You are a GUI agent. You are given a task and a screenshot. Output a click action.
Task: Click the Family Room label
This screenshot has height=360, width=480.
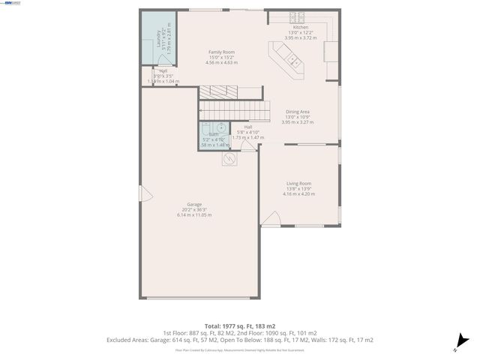pos(221,52)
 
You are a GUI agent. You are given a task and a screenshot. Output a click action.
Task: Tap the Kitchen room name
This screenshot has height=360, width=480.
pos(300,27)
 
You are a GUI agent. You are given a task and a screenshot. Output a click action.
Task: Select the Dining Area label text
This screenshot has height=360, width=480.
pos(298,112)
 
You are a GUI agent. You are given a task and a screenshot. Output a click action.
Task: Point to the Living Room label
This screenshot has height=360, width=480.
pos(298,184)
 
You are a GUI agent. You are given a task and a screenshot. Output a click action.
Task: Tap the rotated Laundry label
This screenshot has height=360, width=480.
pos(158,38)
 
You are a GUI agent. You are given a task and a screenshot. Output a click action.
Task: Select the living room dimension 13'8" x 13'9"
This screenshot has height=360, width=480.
pos(298,189)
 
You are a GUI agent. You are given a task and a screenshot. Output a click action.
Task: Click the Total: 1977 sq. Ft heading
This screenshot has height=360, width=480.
pos(239,326)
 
